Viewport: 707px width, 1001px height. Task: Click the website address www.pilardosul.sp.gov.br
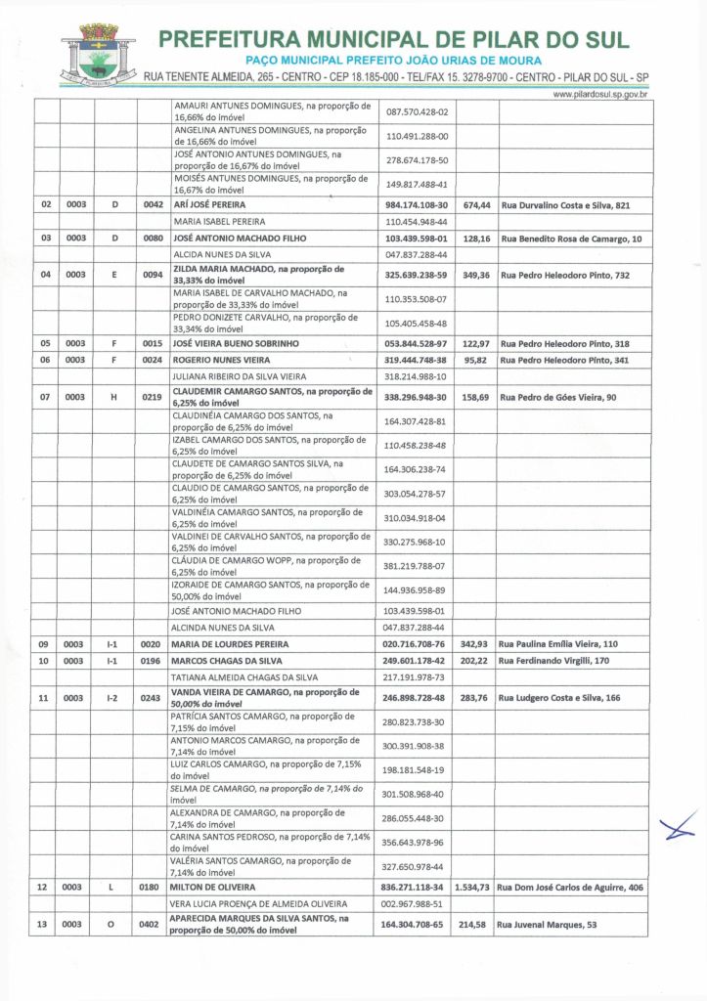(599, 94)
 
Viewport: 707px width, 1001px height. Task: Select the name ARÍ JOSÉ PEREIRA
(217, 205)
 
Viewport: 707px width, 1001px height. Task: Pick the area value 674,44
(476, 205)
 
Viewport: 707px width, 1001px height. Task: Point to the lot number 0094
(152, 276)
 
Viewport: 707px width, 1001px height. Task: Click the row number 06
(44, 360)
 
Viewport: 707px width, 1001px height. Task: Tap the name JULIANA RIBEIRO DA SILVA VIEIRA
(239, 376)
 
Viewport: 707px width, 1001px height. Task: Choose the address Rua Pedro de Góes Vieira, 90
(555, 398)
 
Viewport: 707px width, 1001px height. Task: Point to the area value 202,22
(475, 661)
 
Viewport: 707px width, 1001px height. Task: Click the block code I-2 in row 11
(112, 698)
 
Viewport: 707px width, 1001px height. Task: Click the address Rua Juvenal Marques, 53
(550, 924)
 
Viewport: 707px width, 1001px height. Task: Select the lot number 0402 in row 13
(152, 924)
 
